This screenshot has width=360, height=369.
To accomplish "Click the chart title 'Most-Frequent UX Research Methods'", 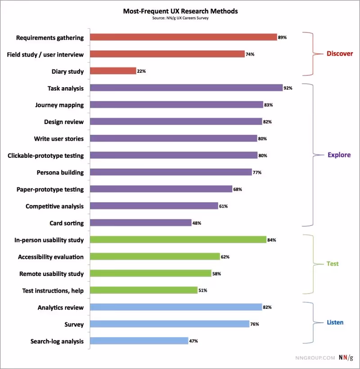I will click(180, 11).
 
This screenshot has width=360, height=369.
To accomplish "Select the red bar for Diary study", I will click(113, 71).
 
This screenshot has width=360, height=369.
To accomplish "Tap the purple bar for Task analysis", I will click(186, 88).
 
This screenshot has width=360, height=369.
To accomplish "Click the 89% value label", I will click(282, 38).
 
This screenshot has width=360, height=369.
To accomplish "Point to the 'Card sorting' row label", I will click(66, 223).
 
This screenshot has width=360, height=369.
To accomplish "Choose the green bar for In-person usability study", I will click(178, 240).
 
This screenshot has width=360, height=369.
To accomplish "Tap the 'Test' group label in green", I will click(332, 264).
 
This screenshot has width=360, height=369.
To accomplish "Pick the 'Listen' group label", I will click(335, 322).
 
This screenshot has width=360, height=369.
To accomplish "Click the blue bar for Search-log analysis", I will click(139, 341).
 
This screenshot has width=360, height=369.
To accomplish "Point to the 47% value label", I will click(193, 341).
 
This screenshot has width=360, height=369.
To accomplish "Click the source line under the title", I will click(180, 18).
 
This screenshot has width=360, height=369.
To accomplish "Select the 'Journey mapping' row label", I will click(59, 105).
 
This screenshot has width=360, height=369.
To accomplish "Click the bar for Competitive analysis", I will click(154, 206).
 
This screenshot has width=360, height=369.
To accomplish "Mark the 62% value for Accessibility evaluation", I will click(225, 257).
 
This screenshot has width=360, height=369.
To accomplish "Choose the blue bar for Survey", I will click(170, 324).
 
